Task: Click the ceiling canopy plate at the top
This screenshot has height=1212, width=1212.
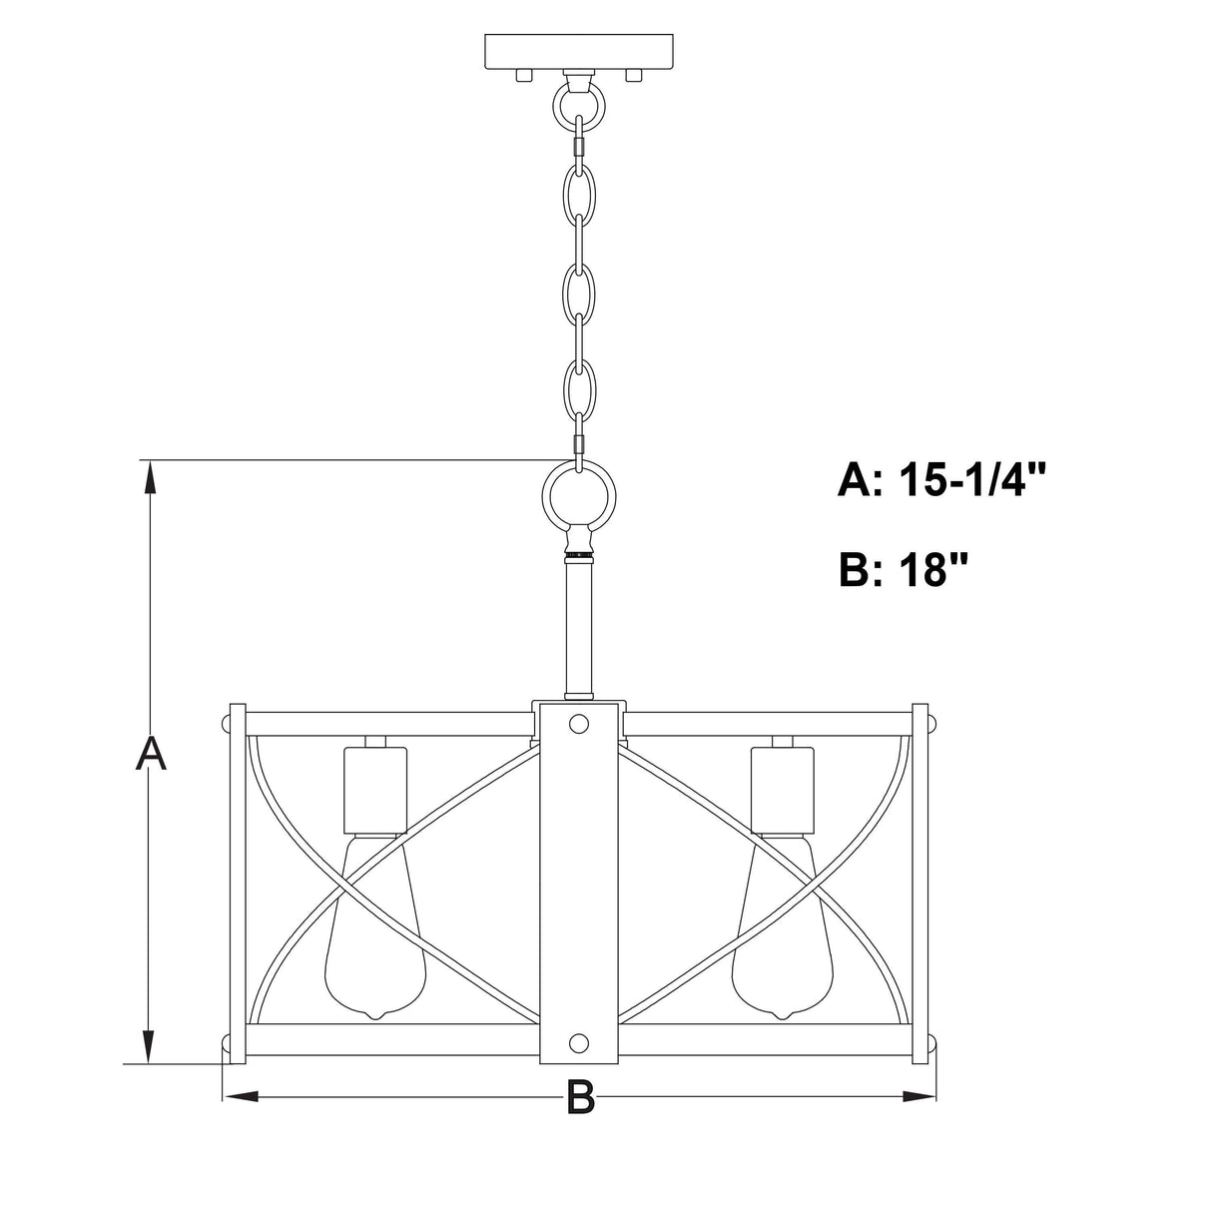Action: [x=578, y=52]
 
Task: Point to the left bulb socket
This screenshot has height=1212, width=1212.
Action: [x=375, y=790]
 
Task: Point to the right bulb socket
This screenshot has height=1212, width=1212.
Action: [x=783, y=790]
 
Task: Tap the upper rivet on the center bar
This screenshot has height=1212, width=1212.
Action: [x=579, y=723]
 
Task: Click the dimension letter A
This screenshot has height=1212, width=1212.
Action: [x=151, y=754]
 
